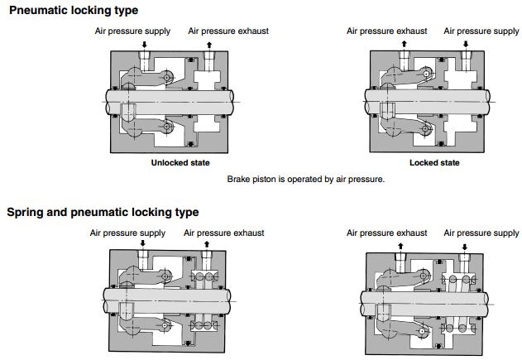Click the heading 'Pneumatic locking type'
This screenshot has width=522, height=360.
(x=74, y=11)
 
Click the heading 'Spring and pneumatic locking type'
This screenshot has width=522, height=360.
(x=103, y=213)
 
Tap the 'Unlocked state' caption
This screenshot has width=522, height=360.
(x=180, y=163)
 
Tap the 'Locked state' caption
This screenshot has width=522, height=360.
(x=433, y=163)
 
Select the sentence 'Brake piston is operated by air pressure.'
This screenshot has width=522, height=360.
(x=305, y=179)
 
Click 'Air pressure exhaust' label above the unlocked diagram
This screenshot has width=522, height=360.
(x=228, y=31)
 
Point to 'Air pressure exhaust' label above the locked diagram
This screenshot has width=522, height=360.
(x=387, y=31)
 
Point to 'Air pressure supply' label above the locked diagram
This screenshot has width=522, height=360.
(x=481, y=31)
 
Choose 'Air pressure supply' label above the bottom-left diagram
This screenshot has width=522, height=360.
(x=128, y=233)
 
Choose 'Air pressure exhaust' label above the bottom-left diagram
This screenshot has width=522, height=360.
(x=224, y=233)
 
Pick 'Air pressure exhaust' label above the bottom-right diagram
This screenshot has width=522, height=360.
(x=387, y=233)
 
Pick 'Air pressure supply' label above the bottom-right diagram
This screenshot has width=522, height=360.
(x=481, y=233)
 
